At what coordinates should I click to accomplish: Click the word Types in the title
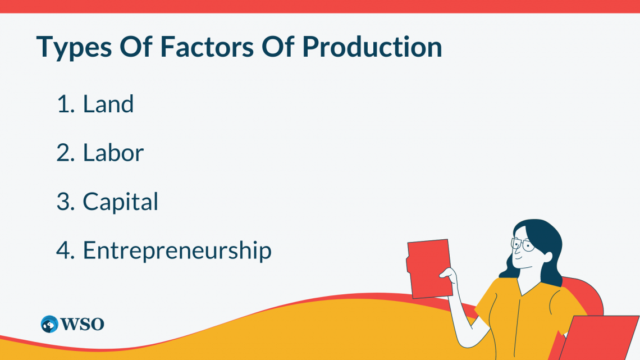pyautogui.click(x=74, y=48)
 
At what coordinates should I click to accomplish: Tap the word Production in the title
pyautogui.click(x=372, y=47)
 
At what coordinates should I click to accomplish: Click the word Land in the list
pyautogui.click(x=108, y=104)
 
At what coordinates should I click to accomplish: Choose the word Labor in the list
pyautogui.click(x=113, y=153)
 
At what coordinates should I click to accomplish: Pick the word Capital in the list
pyautogui.click(x=120, y=202)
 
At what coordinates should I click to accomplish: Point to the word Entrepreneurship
pyautogui.click(x=177, y=250)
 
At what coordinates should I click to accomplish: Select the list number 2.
pyautogui.click(x=66, y=153)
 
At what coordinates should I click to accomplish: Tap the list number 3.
pyautogui.click(x=66, y=202)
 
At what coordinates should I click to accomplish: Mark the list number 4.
pyautogui.click(x=66, y=250)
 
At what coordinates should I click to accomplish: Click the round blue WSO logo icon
pyautogui.click(x=49, y=324)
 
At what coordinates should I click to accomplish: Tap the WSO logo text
pyautogui.click(x=82, y=324)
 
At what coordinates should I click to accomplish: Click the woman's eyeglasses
pyautogui.click(x=523, y=244)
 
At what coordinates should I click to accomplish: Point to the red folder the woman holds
pyautogui.click(x=429, y=268)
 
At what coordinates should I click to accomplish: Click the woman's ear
pyautogui.click(x=547, y=257)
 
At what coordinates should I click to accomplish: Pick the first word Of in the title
pyautogui.click(x=136, y=47)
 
